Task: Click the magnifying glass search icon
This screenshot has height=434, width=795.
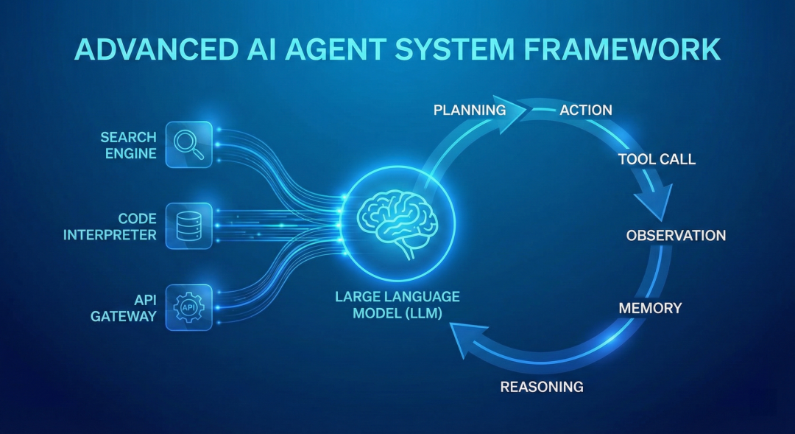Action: (188, 144)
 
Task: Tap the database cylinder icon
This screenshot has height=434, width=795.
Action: (188, 226)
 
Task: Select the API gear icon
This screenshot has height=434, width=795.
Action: (188, 307)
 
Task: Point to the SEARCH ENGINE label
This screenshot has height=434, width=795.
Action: (128, 145)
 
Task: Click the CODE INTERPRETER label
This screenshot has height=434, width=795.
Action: (110, 226)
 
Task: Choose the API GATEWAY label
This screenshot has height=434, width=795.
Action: (124, 307)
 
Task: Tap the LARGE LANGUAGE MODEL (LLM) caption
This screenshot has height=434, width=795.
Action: (397, 305)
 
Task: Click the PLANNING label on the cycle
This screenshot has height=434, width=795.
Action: (470, 110)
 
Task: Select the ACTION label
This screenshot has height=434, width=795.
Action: (586, 110)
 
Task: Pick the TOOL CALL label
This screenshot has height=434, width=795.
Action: (657, 159)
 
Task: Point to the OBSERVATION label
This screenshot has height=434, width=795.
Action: (676, 235)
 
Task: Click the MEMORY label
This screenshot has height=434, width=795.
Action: (650, 307)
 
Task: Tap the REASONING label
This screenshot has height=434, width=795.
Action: (542, 387)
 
